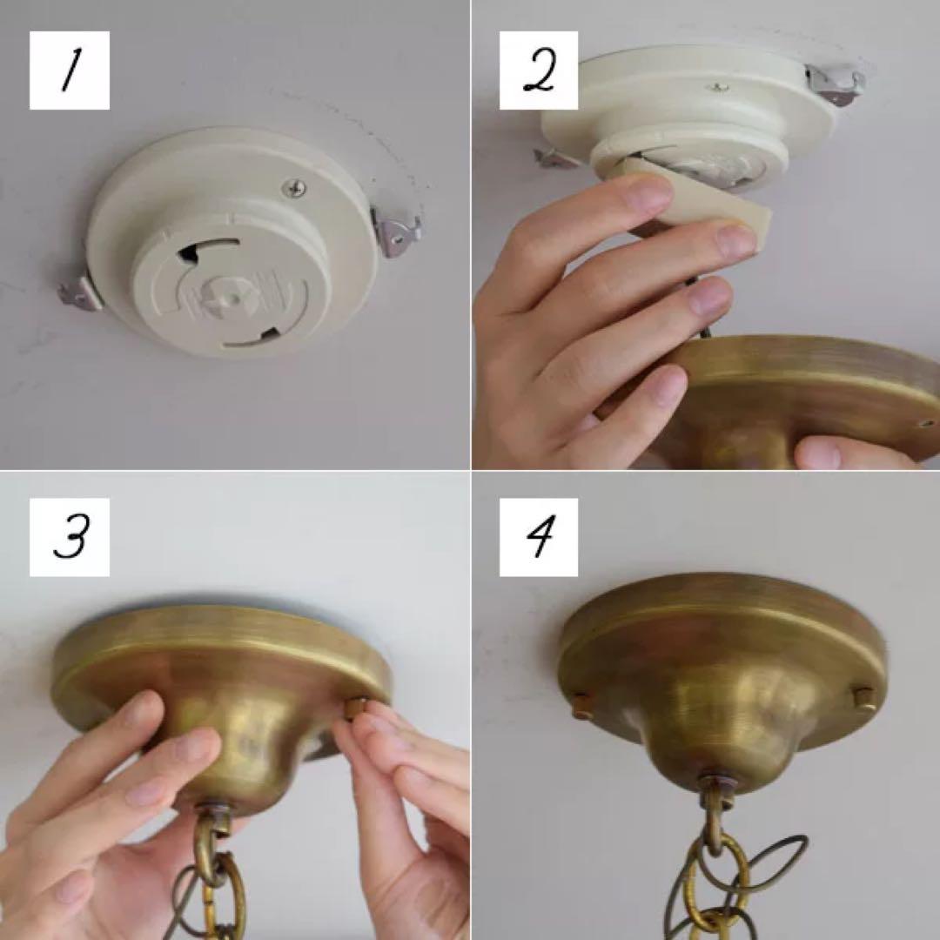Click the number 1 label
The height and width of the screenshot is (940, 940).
(70, 70)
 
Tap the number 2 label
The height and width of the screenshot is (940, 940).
(539, 70)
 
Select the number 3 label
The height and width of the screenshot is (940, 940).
(70, 537)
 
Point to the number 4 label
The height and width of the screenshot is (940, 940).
(539, 537)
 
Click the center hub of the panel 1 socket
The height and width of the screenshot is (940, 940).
(231, 294)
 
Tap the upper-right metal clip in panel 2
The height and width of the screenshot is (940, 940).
(835, 84)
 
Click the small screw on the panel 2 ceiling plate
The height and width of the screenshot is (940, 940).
(718, 89)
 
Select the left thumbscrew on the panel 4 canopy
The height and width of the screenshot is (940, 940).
(582, 703)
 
